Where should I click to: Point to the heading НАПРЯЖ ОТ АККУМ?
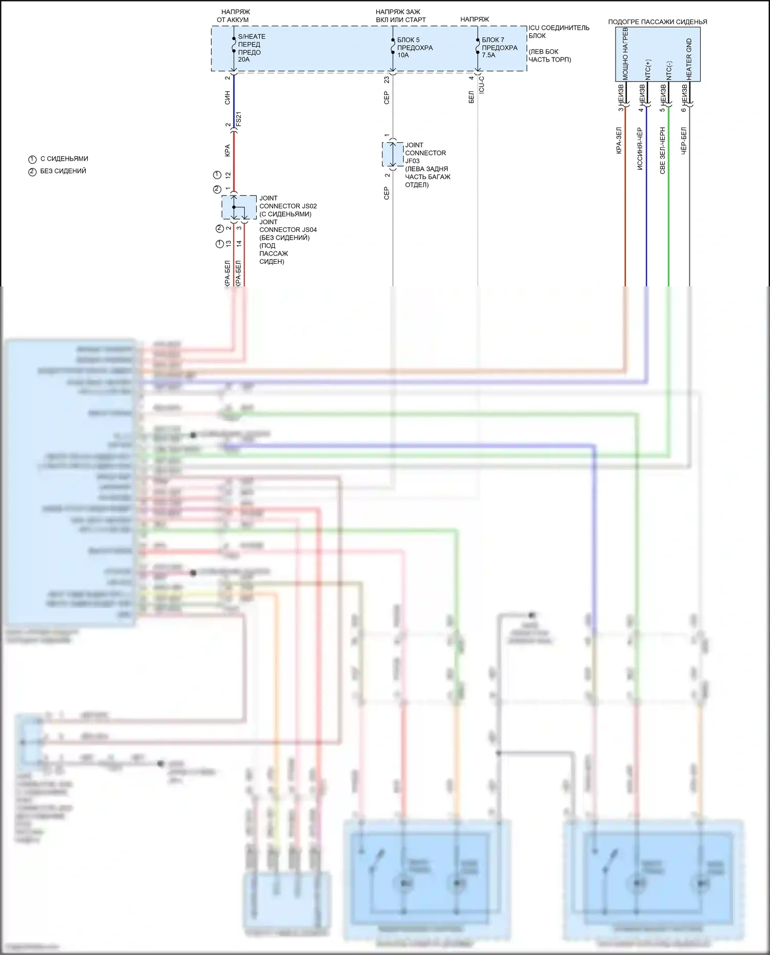233,16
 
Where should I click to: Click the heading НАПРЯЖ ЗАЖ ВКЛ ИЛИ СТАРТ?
400,16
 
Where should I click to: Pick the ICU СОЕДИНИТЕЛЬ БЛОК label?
559,31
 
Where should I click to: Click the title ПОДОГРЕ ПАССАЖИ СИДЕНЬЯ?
657,22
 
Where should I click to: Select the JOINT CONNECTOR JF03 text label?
425,153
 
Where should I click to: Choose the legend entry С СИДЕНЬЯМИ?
64,159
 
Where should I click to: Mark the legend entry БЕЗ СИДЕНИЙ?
63,171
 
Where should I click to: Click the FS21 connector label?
238,119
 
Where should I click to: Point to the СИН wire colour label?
227,98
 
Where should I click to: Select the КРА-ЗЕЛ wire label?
619,141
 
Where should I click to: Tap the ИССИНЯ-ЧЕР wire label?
640,149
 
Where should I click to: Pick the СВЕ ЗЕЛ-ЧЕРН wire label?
662,150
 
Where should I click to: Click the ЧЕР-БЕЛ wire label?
683,141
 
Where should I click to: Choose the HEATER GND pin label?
689,59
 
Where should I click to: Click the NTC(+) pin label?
647,69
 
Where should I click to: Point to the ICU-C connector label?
482,85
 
